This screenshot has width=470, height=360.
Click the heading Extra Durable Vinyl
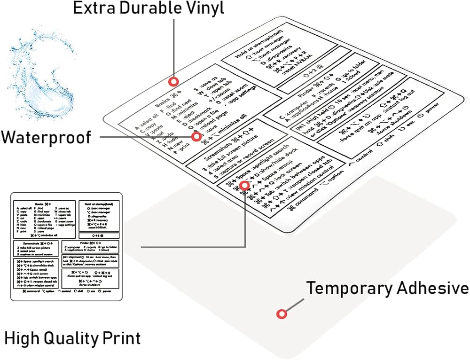pyautogui.click(x=149, y=8)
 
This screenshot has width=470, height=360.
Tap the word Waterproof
pyautogui.click(x=46, y=137)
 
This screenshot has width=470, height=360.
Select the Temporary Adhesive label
pyautogui.click(x=387, y=288)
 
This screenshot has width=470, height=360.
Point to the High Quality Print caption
pyautogui.click(x=72, y=338)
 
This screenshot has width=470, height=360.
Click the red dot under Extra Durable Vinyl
pyautogui.click(x=174, y=82)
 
